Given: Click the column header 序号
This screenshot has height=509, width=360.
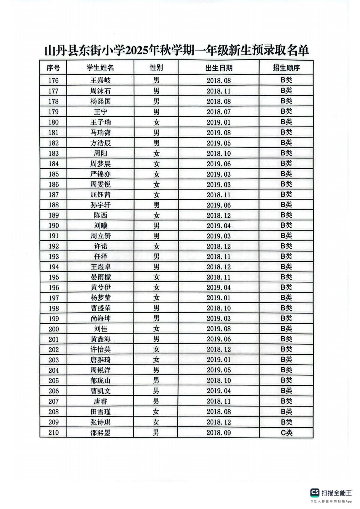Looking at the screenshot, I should (x=53, y=68).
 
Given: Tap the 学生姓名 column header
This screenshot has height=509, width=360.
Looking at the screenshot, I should (x=100, y=68).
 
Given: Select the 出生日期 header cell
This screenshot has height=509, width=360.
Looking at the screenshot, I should (x=219, y=68).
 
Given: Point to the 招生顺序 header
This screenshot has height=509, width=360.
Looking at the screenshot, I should (x=286, y=68).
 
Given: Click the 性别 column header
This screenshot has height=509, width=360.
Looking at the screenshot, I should (x=156, y=68).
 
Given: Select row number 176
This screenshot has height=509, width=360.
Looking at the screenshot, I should (x=53, y=81).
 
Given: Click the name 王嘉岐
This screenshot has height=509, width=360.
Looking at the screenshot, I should (x=100, y=81).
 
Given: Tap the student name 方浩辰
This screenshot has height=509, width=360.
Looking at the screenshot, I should (x=100, y=143).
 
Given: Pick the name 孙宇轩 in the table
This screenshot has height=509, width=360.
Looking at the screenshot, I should (x=100, y=205).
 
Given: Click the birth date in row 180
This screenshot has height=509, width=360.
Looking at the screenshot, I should (x=219, y=122).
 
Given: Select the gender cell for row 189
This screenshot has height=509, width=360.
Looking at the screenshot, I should (x=156, y=215).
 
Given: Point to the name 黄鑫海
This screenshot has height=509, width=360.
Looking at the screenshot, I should (x=100, y=339).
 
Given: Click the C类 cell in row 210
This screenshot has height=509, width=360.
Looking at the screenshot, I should (x=286, y=433).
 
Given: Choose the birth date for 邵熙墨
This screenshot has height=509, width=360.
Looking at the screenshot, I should (x=219, y=433).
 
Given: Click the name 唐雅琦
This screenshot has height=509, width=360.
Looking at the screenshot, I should (x=100, y=360).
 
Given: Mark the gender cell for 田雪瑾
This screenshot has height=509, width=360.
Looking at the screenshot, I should (x=156, y=412).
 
